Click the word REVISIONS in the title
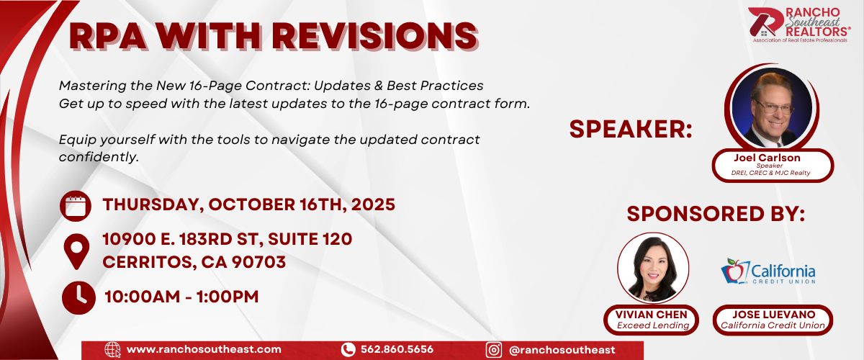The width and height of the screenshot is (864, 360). [375, 36]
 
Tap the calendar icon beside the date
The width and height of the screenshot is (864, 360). [76, 206]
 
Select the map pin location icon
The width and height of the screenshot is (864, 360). [76, 251]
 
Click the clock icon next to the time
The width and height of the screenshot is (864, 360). [78, 297]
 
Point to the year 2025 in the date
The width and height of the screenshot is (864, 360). [373, 204]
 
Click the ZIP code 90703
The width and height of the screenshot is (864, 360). [258, 262]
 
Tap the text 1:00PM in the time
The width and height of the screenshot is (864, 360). [228, 297]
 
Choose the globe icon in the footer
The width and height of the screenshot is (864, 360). [112, 350]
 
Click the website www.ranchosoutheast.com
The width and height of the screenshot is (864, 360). [204, 350]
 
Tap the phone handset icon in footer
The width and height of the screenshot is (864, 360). [348, 350]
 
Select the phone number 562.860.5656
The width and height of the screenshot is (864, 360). [397, 350]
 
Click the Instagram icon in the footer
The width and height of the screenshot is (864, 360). [494, 350]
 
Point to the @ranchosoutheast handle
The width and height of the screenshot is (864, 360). [562, 350]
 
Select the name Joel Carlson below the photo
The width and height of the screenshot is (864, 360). [767, 158]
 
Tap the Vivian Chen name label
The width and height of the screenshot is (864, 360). [651, 315]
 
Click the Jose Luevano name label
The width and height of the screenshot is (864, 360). [773, 315]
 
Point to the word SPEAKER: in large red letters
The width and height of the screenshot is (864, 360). [631, 129]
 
